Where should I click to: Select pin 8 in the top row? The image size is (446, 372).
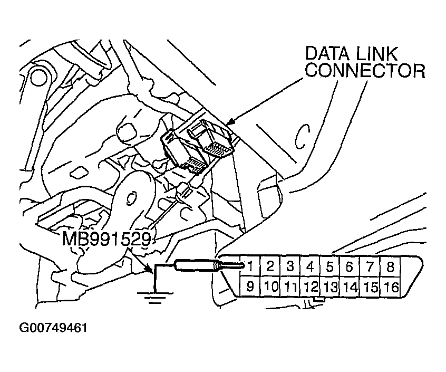tap(391, 266)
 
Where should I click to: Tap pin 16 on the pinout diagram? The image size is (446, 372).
tap(391, 288)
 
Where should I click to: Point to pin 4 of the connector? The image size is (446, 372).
tap(311, 266)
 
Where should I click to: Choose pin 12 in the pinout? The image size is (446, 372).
tap(311, 288)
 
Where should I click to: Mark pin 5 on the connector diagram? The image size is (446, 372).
tap(331, 266)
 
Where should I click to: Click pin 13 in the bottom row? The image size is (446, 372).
tap(331, 288)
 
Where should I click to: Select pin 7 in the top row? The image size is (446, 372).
tap(371, 266)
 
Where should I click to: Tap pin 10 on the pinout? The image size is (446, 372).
tap(270, 288)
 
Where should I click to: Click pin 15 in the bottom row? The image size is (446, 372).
tap(371, 288)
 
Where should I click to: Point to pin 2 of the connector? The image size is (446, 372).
tap(270, 266)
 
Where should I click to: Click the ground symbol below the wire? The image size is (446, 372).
tap(153, 298)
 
